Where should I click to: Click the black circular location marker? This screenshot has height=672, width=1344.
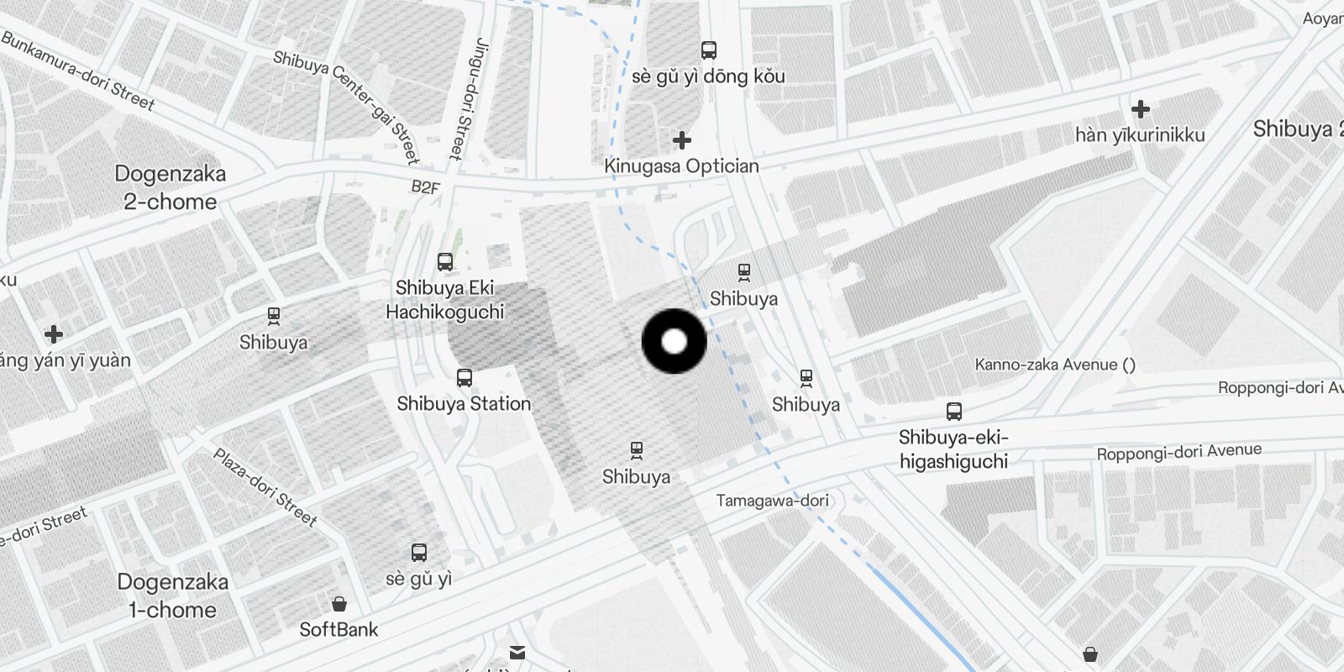click(674, 342)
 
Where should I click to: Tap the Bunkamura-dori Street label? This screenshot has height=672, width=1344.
click(78, 71)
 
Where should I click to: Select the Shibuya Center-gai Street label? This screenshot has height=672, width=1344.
click(346, 107)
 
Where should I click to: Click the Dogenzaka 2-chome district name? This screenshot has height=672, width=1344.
click(171, 187)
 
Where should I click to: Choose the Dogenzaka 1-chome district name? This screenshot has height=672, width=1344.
click(172, 596)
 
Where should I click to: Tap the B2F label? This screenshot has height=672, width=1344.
click(425, 186)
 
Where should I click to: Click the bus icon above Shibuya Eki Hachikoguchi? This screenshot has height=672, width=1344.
click(445, 262)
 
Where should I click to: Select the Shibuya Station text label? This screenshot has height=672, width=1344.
click(464, 403)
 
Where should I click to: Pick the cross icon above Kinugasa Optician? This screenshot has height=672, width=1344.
click(682, 139)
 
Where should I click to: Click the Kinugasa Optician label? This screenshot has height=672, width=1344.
click(681, 165)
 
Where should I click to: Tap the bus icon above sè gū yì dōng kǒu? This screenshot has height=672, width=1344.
click(709, 50)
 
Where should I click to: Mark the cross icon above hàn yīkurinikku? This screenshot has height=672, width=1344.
click(1140, 109)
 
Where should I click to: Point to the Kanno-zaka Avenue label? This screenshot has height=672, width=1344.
click(1055, 365)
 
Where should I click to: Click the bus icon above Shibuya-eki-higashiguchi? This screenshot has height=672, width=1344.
click(953, 412)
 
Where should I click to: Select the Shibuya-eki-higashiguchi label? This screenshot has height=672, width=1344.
click(953, 449)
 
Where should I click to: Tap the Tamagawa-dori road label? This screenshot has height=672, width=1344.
click(772, 501)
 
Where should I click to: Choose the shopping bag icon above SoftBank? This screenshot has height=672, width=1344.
click(339, 604)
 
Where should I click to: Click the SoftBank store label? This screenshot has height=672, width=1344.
click(339, 629)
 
